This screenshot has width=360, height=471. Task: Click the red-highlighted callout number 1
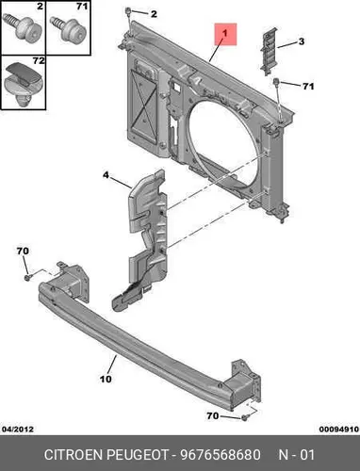point(224,33)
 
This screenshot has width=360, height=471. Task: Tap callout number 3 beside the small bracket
point(302,41)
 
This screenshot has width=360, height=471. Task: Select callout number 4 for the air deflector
point(106,175)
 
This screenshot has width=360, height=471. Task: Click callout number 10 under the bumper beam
point(106,379)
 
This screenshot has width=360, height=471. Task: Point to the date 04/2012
point(18,430)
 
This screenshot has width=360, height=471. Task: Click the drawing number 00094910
point(339,430)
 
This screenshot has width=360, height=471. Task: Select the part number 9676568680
point(221,455)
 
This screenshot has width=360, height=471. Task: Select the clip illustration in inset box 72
point(24,83)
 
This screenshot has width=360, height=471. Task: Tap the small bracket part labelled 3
point(269,51)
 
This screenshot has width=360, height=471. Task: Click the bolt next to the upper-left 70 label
point(27,278)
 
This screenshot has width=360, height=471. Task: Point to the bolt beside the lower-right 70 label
point(245,417)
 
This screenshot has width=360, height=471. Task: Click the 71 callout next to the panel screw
point(308,86)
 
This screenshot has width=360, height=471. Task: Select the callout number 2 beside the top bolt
point(154,14)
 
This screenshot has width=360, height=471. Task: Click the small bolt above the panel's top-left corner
point(128,11)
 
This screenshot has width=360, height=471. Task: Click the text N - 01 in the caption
point(296,455)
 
